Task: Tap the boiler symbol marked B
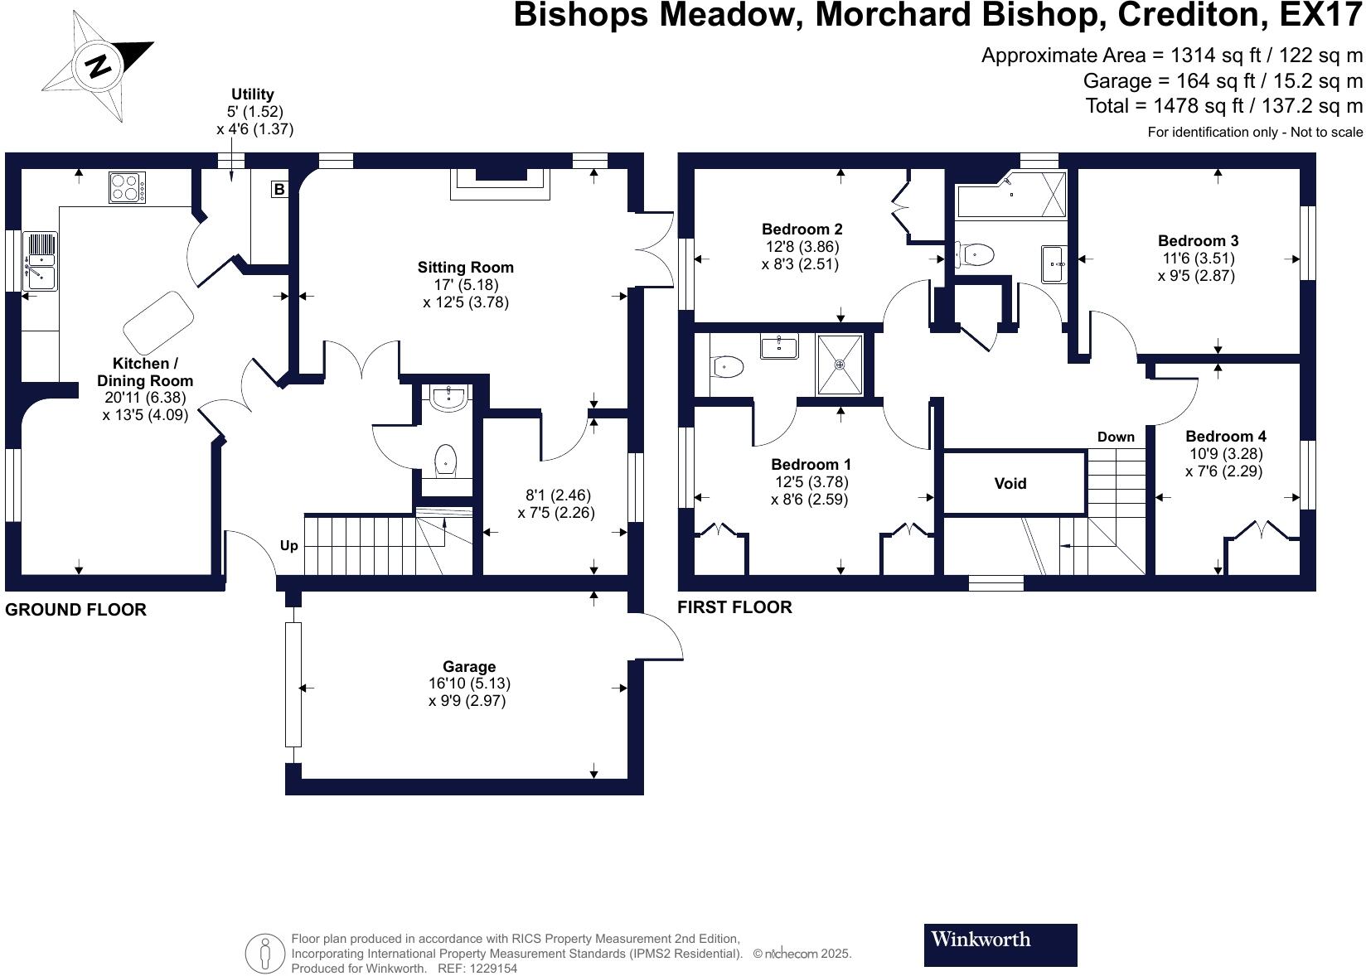[x=279, y=190]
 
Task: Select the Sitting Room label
[x=465, y=268]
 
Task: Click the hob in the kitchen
[x=127, y=186]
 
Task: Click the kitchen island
[x=158, y=321]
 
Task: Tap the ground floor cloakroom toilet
[x=446, y=458]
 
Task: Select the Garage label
[x=469, y=666]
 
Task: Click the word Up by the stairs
[x=288, y=545]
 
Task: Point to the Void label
[x=1010, y=483]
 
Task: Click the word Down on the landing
[x=1116, y=437]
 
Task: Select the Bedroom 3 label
[x=1199, y=241]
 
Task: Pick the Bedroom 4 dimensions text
[x=1225, y=462]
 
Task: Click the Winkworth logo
[x=1000, y=945]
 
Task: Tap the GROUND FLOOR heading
[x=75, y=610]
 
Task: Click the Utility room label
[x=253, y=94]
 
